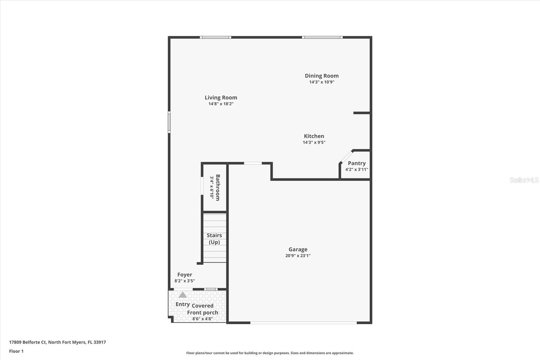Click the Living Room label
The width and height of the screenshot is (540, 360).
click(x=221, y=98)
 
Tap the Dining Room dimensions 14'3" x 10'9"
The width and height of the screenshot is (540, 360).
click(x=322, y=82)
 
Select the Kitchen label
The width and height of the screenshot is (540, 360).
click(x=314, y=136)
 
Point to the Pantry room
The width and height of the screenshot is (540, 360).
click(x=357, y=166)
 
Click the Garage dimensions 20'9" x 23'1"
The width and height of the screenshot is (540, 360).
click(x=298, y=256)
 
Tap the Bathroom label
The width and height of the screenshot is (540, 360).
click(x=218, y=187)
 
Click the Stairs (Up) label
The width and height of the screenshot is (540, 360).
click(x=214, y=238)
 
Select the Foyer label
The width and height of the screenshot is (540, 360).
click(x=185, y=275)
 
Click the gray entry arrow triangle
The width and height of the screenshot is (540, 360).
click(x=183, y=295)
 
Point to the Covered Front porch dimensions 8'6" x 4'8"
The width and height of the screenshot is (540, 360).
click(x=202, y=319)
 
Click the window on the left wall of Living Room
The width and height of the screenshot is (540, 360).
click(x=169, y=122)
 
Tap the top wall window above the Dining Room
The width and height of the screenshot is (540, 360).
click(x=322, y=37)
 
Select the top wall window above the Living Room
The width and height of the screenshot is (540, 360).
click(x=215, y=37)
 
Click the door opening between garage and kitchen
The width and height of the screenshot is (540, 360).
click(x=253, y=163)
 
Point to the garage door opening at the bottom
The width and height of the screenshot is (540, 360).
click(x=303, y=323)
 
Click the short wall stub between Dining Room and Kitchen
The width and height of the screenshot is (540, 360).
click(x=361, y=113)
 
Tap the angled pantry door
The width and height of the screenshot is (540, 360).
click(x=346, y=157)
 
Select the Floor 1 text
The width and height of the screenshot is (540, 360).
click(x=16, y=351)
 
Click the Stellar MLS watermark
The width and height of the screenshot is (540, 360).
click(x=524, y=180)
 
